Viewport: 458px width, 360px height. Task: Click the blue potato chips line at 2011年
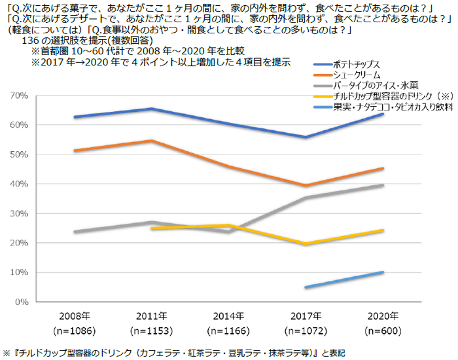150,109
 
